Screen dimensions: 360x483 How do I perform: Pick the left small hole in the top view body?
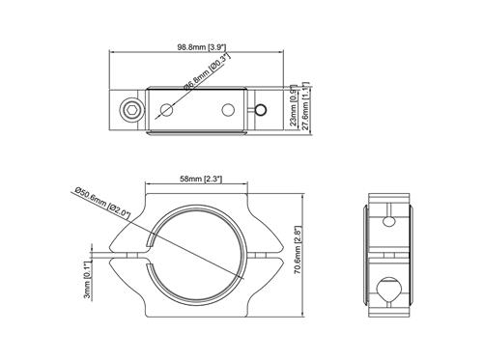169,109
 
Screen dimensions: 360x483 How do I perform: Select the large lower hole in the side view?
390,290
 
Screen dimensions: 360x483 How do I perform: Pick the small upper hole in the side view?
390,218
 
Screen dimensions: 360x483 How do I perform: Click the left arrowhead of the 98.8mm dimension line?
109,53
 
